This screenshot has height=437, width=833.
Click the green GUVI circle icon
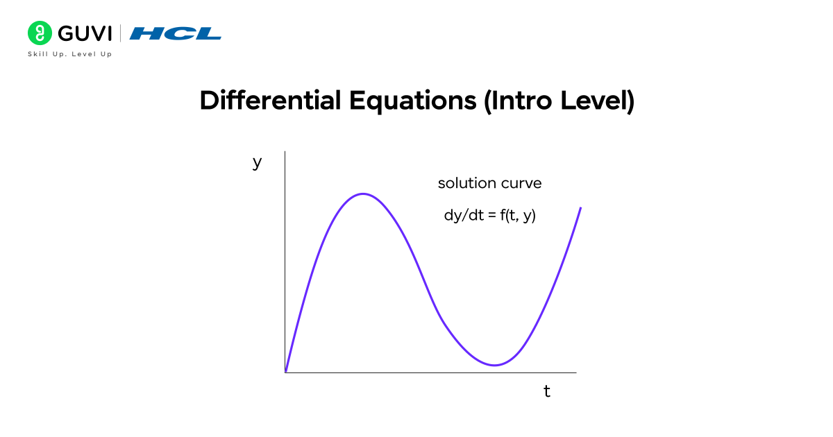click(x=40, y=33)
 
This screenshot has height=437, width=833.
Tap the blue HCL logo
click(x=176, y=33)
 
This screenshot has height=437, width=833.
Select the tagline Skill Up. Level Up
click(x=69, y=54)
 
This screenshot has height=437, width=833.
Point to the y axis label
click(x=257, y=162)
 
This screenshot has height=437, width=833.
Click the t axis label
click(x=547, y=392)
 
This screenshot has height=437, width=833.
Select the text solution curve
click(x=489, y=184)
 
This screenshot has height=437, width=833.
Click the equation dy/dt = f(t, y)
click(x=489, y=215)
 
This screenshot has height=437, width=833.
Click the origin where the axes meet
click(x=285, y=372)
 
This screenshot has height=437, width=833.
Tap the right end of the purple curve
click(x=580, y=207)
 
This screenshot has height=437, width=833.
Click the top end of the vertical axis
click(x=285, y=151)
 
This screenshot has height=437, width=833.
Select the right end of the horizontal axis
click(x=575, y=372)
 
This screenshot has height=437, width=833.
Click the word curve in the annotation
click(x=520, y=184)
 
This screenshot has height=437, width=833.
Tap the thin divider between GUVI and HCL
click(x=121, y=33)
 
